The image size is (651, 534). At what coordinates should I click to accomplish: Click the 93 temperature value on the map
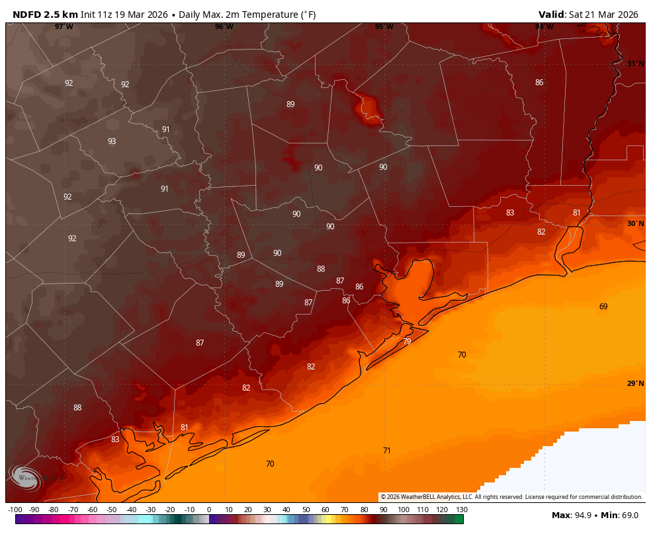coord(112,141)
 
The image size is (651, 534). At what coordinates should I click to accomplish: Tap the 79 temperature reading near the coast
coord(407,342)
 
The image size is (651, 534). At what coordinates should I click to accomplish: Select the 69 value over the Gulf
coord(603,307)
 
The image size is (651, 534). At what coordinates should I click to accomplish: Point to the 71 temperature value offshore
coord(387,451)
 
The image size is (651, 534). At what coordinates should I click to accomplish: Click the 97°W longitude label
coord(64,26)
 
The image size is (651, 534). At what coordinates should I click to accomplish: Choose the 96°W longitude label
coord(224,26)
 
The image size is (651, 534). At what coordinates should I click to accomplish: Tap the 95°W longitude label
coord(384,26)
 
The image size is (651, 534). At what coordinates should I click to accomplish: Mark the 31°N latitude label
coord(635,63)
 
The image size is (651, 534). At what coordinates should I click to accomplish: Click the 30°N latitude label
coord(635,223)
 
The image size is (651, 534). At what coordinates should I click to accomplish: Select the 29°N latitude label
coord(635,383)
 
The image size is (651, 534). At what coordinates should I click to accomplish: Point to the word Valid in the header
coord(552,15)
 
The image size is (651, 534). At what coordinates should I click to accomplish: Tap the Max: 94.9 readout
coord(572,515)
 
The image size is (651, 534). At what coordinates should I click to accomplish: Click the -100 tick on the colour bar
coord(15,510)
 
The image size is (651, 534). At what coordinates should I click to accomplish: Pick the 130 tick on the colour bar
coord(462,510)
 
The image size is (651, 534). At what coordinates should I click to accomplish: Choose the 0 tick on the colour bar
coord(209,510)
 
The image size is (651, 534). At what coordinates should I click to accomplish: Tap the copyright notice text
coord(511,497)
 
